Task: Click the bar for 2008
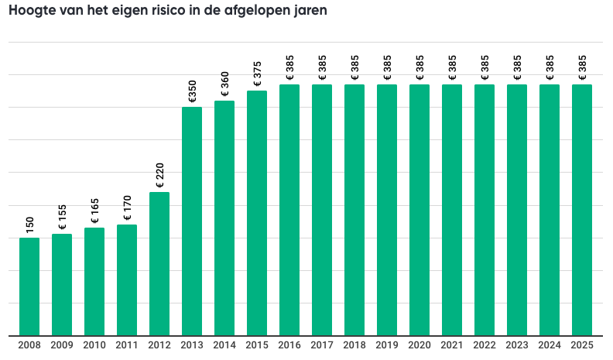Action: click(x=29, y=286)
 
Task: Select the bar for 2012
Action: click(x=159, y=263)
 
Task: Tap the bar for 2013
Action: click(x=192, y=221)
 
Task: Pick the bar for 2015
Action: click(x=257, y=213)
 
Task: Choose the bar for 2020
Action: click(x=420, y=210)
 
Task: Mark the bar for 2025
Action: click(x=582, y=210)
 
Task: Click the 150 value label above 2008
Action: click(x=29, y=225)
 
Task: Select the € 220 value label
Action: click(x=159, y=176)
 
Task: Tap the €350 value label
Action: click(x=192, y=91)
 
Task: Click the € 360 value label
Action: click(x=224, y=84)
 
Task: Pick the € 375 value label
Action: click(x=257, y=74)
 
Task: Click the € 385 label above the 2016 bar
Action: click(x=289, y=68)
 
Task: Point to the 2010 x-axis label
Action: click(x=94, y=346)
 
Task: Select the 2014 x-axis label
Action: click(x=224, y=346)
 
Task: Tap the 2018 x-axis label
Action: click(x=354, y=346)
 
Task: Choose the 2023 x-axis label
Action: click(x=517, y=346)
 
